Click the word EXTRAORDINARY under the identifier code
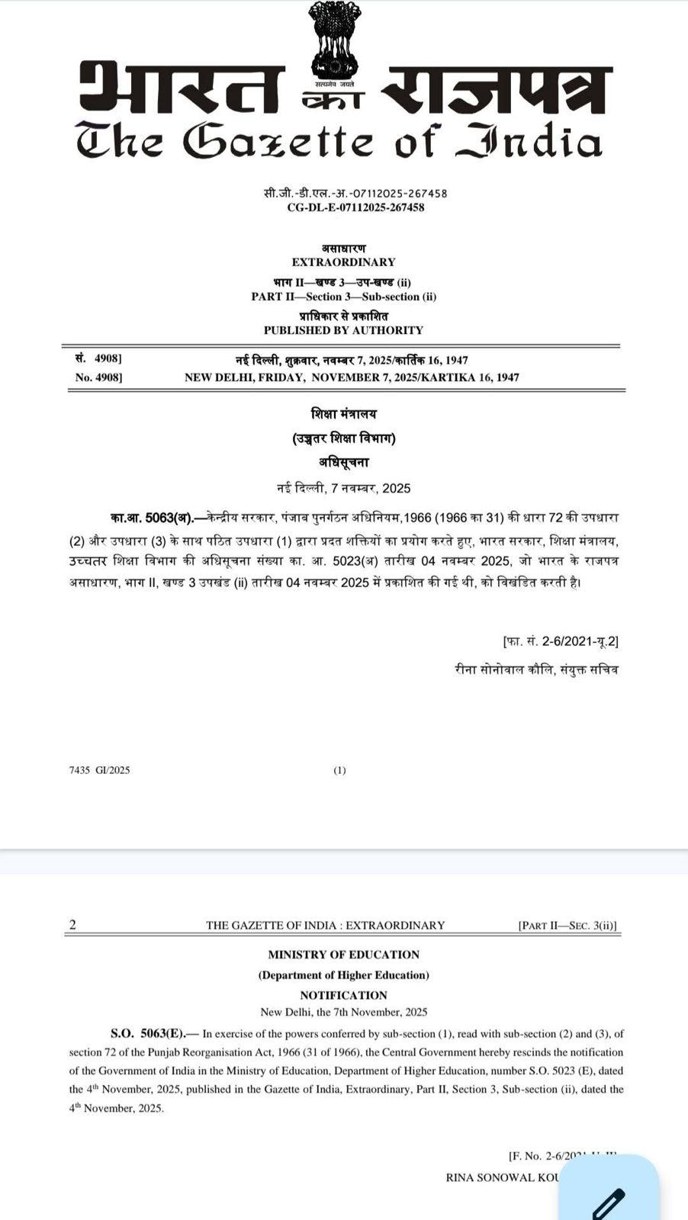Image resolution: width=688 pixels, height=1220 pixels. click(x=343, y=262)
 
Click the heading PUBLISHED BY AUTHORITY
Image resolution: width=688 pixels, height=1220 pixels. click(x=343, y=330)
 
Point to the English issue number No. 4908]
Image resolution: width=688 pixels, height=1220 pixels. click(x=98, y=377)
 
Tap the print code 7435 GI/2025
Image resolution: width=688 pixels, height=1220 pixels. click(x=99, y=770)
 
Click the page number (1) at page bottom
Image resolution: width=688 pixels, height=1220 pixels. click(x=339, y=770)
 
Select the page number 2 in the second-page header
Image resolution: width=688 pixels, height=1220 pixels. click(x=72, y=925)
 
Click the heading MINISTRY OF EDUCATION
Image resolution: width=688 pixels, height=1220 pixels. click(x=343, y=955)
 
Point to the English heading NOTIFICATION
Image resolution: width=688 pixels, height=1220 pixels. click(x=343, y=995)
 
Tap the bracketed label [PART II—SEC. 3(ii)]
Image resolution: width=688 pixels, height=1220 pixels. click(x=567, y=926)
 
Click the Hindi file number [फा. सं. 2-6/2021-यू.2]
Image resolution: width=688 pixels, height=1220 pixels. click(x=561, y=641)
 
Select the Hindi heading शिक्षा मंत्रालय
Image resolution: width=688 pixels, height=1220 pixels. click(x=343, y=414)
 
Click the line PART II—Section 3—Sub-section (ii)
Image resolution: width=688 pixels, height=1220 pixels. click(x=343, y=297)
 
